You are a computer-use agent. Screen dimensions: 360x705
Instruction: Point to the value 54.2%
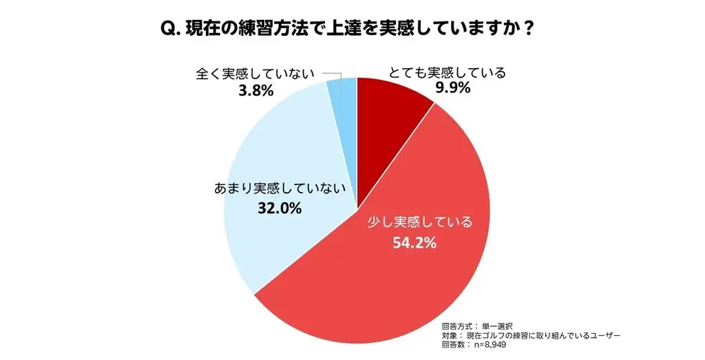(x=415, y=242)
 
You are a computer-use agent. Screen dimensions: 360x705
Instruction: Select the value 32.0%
(x=280, y=207)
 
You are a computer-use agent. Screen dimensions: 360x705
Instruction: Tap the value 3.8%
(x=255, y=90)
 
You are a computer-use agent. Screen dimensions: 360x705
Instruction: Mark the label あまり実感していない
(x=279, y=189)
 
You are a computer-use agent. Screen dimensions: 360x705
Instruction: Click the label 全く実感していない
(x=255, y=74)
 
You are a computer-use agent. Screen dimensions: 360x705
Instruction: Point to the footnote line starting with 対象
(x=531, y=335)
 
